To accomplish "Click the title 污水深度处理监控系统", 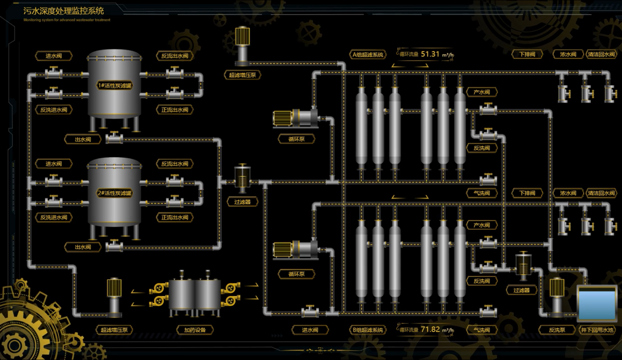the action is [x=64, y=11].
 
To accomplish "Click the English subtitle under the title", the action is [x=67, y=20].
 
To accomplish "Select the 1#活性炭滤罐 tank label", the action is [x=114, y=85].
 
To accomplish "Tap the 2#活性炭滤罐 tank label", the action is [x=114, y=193].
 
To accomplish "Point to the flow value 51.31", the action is [x=430, y=54].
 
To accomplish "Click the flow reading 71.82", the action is [x=430, y=329].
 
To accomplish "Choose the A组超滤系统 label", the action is [x=368, y=55].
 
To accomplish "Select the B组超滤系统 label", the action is [x=368, y=330].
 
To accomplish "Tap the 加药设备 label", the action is [x=195, y=330].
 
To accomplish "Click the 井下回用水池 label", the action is [x=597, y=330].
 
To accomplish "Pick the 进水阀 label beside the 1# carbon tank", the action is [x=54, y=56].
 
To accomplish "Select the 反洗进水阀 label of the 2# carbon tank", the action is [x=54, y=217].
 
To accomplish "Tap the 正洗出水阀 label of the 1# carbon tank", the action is [x=174, y=109].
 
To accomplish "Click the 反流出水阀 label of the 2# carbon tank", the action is [x=174, y=164].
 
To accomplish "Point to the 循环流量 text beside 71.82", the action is [x=409, y=330].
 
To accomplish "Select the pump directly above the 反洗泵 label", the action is [x=557, y=297].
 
